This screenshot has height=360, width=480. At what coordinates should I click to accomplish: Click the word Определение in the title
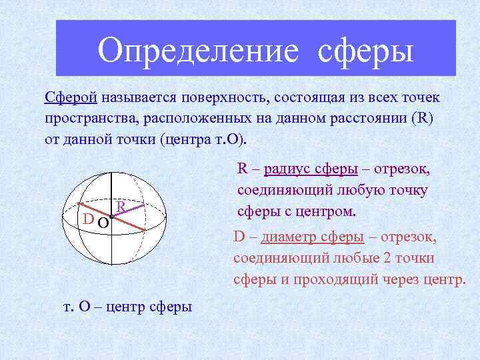(197, 51)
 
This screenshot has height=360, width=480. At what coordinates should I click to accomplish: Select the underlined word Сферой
(71, 98)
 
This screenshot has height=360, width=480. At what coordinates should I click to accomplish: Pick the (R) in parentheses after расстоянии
(423, 120)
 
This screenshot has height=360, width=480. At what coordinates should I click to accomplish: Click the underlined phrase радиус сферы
(311, 169)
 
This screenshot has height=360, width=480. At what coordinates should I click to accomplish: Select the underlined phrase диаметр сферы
(313, 237)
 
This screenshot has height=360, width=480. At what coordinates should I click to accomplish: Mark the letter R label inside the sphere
(121, 207)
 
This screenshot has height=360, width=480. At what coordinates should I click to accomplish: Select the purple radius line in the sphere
(128, 211)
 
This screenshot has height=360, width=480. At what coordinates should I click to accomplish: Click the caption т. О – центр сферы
(127, 307)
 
